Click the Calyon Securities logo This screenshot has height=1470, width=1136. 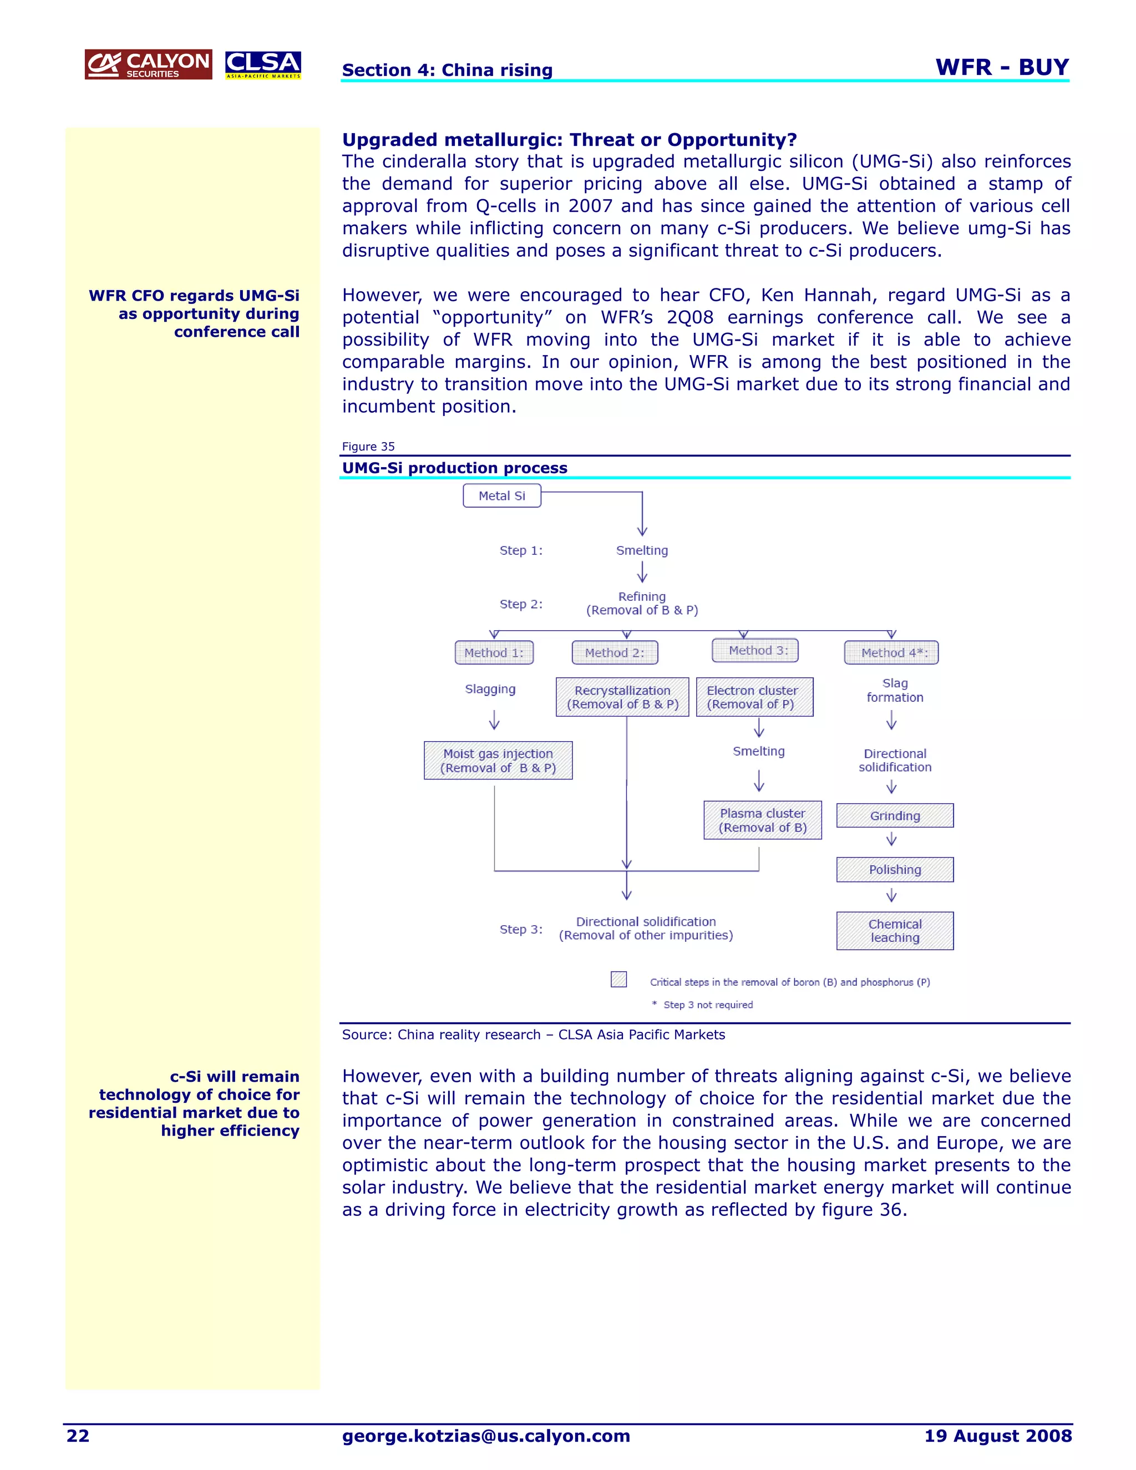148,64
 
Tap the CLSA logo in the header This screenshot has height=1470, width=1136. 263,64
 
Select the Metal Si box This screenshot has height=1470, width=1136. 502,495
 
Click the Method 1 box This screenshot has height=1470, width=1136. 494,652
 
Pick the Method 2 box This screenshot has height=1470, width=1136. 615,652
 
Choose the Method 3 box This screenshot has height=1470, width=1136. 755,650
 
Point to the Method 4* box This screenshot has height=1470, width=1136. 891,652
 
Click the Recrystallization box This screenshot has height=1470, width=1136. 622,697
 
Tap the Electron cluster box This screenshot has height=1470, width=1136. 754,697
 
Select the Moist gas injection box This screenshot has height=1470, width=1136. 498,761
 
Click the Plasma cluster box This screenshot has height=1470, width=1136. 763,820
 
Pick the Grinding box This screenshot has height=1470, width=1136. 895,816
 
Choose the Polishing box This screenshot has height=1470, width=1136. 895,870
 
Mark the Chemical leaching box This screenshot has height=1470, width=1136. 895,931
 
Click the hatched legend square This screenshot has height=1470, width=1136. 618,979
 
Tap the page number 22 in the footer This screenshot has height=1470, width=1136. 78,1436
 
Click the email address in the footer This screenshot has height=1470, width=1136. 486,1436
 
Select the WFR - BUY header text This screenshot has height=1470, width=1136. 1001,67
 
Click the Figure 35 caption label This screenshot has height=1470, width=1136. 368,446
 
